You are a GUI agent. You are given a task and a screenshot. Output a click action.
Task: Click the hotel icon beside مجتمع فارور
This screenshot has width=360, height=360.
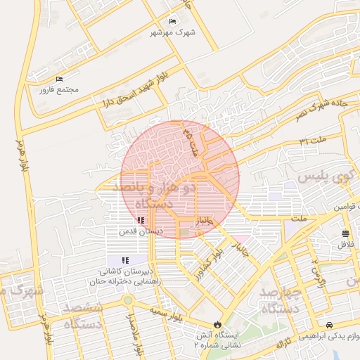59,79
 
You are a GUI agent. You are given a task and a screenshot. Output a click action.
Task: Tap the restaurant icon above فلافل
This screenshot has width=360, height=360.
345,233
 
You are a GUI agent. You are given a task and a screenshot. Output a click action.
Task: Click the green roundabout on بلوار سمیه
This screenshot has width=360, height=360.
127,300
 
